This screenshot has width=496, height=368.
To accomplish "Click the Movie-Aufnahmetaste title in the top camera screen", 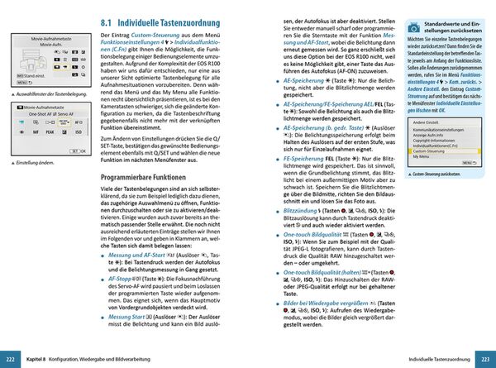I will [51, 39].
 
